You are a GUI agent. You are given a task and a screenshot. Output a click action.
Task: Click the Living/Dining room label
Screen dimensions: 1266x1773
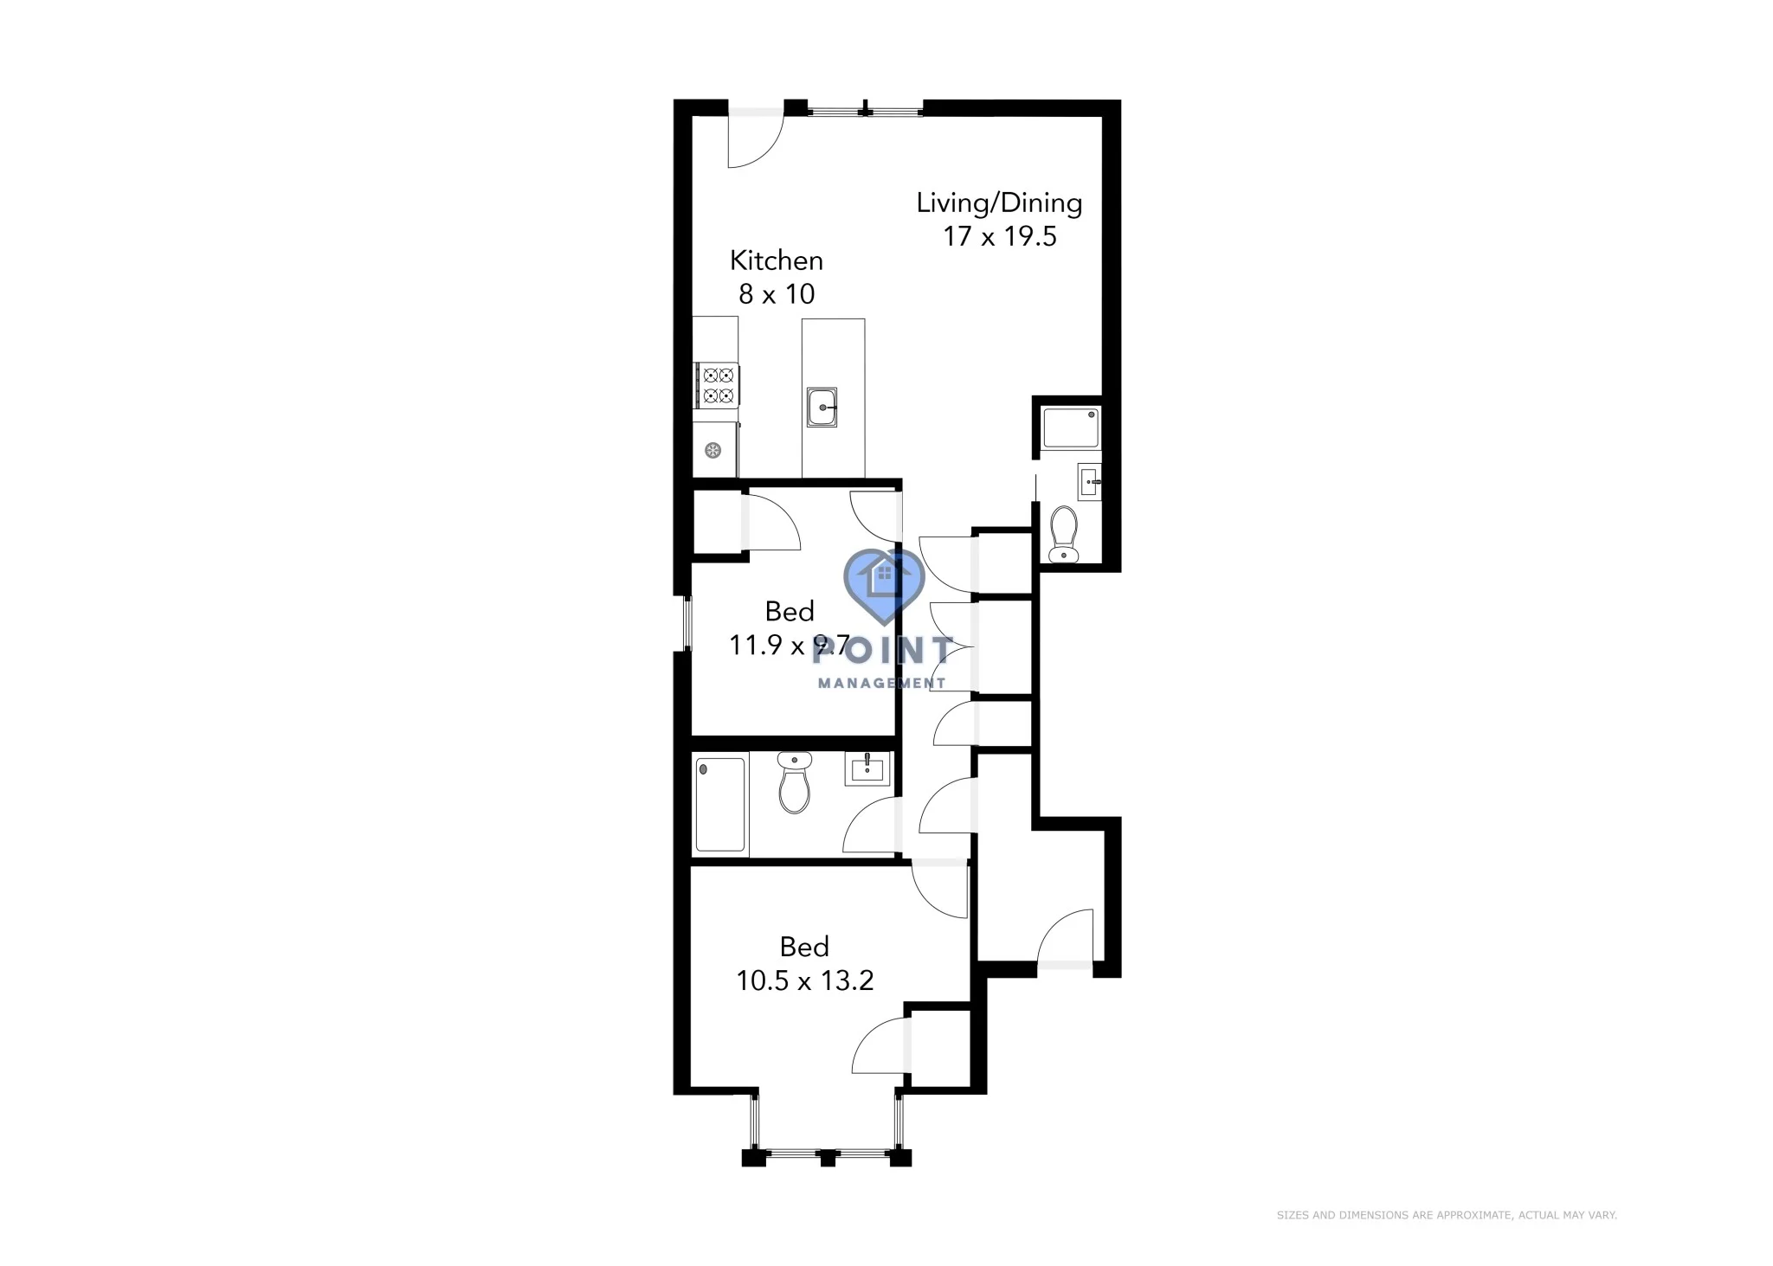[999, 203]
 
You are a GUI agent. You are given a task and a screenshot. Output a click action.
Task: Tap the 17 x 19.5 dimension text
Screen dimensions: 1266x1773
[999, 236]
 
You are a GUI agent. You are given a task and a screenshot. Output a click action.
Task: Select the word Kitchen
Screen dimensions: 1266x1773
[776, 260]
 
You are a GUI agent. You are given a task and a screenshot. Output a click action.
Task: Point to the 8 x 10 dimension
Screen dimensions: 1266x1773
[776, 294]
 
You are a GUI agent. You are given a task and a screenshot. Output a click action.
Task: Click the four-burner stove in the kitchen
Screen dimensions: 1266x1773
[718, 386]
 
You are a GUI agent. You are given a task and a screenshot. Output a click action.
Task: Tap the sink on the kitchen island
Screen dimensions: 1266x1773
[822, 407]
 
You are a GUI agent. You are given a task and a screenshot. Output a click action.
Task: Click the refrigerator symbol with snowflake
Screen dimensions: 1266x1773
[712, 450]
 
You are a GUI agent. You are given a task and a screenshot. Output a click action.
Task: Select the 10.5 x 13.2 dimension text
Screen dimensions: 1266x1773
[804, 980]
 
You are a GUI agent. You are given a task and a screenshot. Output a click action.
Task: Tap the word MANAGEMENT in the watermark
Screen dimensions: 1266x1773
[881, 683]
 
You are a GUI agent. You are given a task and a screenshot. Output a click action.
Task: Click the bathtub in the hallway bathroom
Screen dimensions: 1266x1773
[719, 805]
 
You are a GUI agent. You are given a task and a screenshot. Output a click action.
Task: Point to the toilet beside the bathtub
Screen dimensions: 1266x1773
[794, 782]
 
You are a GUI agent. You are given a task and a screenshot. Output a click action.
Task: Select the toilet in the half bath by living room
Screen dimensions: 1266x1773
[1063, 535]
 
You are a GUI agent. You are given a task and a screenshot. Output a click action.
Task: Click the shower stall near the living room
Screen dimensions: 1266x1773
[1071, 427]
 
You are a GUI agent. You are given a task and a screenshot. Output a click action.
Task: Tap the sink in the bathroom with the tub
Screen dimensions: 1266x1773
[866, 768]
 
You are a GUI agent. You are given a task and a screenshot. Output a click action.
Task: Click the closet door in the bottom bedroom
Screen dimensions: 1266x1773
[879, 1047]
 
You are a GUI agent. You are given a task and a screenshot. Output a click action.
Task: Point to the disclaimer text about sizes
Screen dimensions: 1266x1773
[1446, 1215]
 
